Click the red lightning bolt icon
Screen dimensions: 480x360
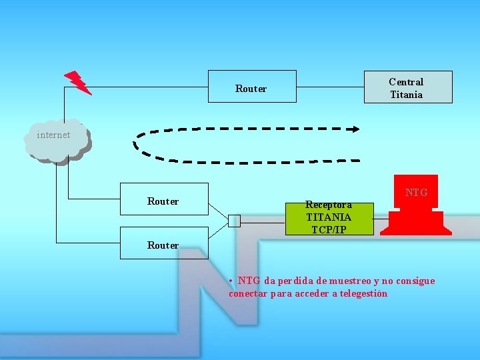coord(78,82)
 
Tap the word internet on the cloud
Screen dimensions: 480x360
coord(53,135)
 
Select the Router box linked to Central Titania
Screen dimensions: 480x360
coord(252,87)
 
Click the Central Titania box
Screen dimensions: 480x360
coord(407,87)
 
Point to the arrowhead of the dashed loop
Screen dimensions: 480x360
coord(355,129)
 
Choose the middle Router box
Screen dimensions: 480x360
coord(164,199)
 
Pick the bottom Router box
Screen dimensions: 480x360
coord(164,243)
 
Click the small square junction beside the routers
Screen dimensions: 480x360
coord(234,221)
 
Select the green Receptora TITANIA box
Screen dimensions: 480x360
coord(329,218)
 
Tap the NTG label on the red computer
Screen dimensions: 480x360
coord(416,193)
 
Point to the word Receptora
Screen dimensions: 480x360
coord(328,205)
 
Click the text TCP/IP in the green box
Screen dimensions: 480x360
coord(329,230)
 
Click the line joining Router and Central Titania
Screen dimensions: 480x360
coord(330,87)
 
